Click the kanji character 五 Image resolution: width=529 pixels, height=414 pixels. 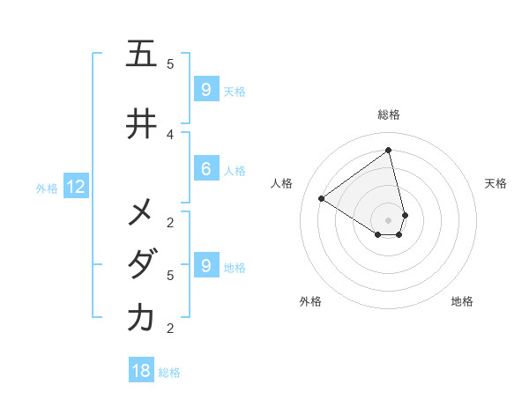(x=141, y=54)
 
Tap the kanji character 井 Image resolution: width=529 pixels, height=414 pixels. (x=141, y=124)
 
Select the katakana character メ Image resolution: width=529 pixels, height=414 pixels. (x=141, y=212)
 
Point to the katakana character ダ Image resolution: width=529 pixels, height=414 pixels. (x=141, y=265)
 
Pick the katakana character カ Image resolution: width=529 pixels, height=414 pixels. (x=141, y=318)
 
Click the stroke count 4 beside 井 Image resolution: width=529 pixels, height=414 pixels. (x=170, y=134)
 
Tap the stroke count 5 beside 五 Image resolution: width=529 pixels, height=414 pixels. (x=170, y=63)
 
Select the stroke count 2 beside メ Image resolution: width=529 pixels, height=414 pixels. (x=170, y=222)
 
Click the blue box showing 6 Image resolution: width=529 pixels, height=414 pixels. (x=205, y=169)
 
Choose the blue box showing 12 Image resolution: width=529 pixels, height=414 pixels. (x=76, y=187)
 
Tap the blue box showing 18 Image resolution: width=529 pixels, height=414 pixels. (x=141, y=371)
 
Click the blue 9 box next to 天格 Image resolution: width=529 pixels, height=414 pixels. (x=205, y=90)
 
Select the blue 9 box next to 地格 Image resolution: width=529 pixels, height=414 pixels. (x=205, y=266)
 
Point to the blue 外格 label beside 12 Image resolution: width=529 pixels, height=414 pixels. (x=46, y=188)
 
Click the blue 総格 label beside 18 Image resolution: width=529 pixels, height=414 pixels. (x=169, y=373)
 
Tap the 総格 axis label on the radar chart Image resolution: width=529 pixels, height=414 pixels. (x=389, y=115)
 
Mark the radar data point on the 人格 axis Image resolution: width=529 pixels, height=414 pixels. (x=322, y=198)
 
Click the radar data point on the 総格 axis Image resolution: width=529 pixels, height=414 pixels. (x=389, y=151)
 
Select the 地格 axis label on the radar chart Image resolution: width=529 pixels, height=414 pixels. (x=462, y=301)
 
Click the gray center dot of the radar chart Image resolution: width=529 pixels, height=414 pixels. (x=389, y=219)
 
